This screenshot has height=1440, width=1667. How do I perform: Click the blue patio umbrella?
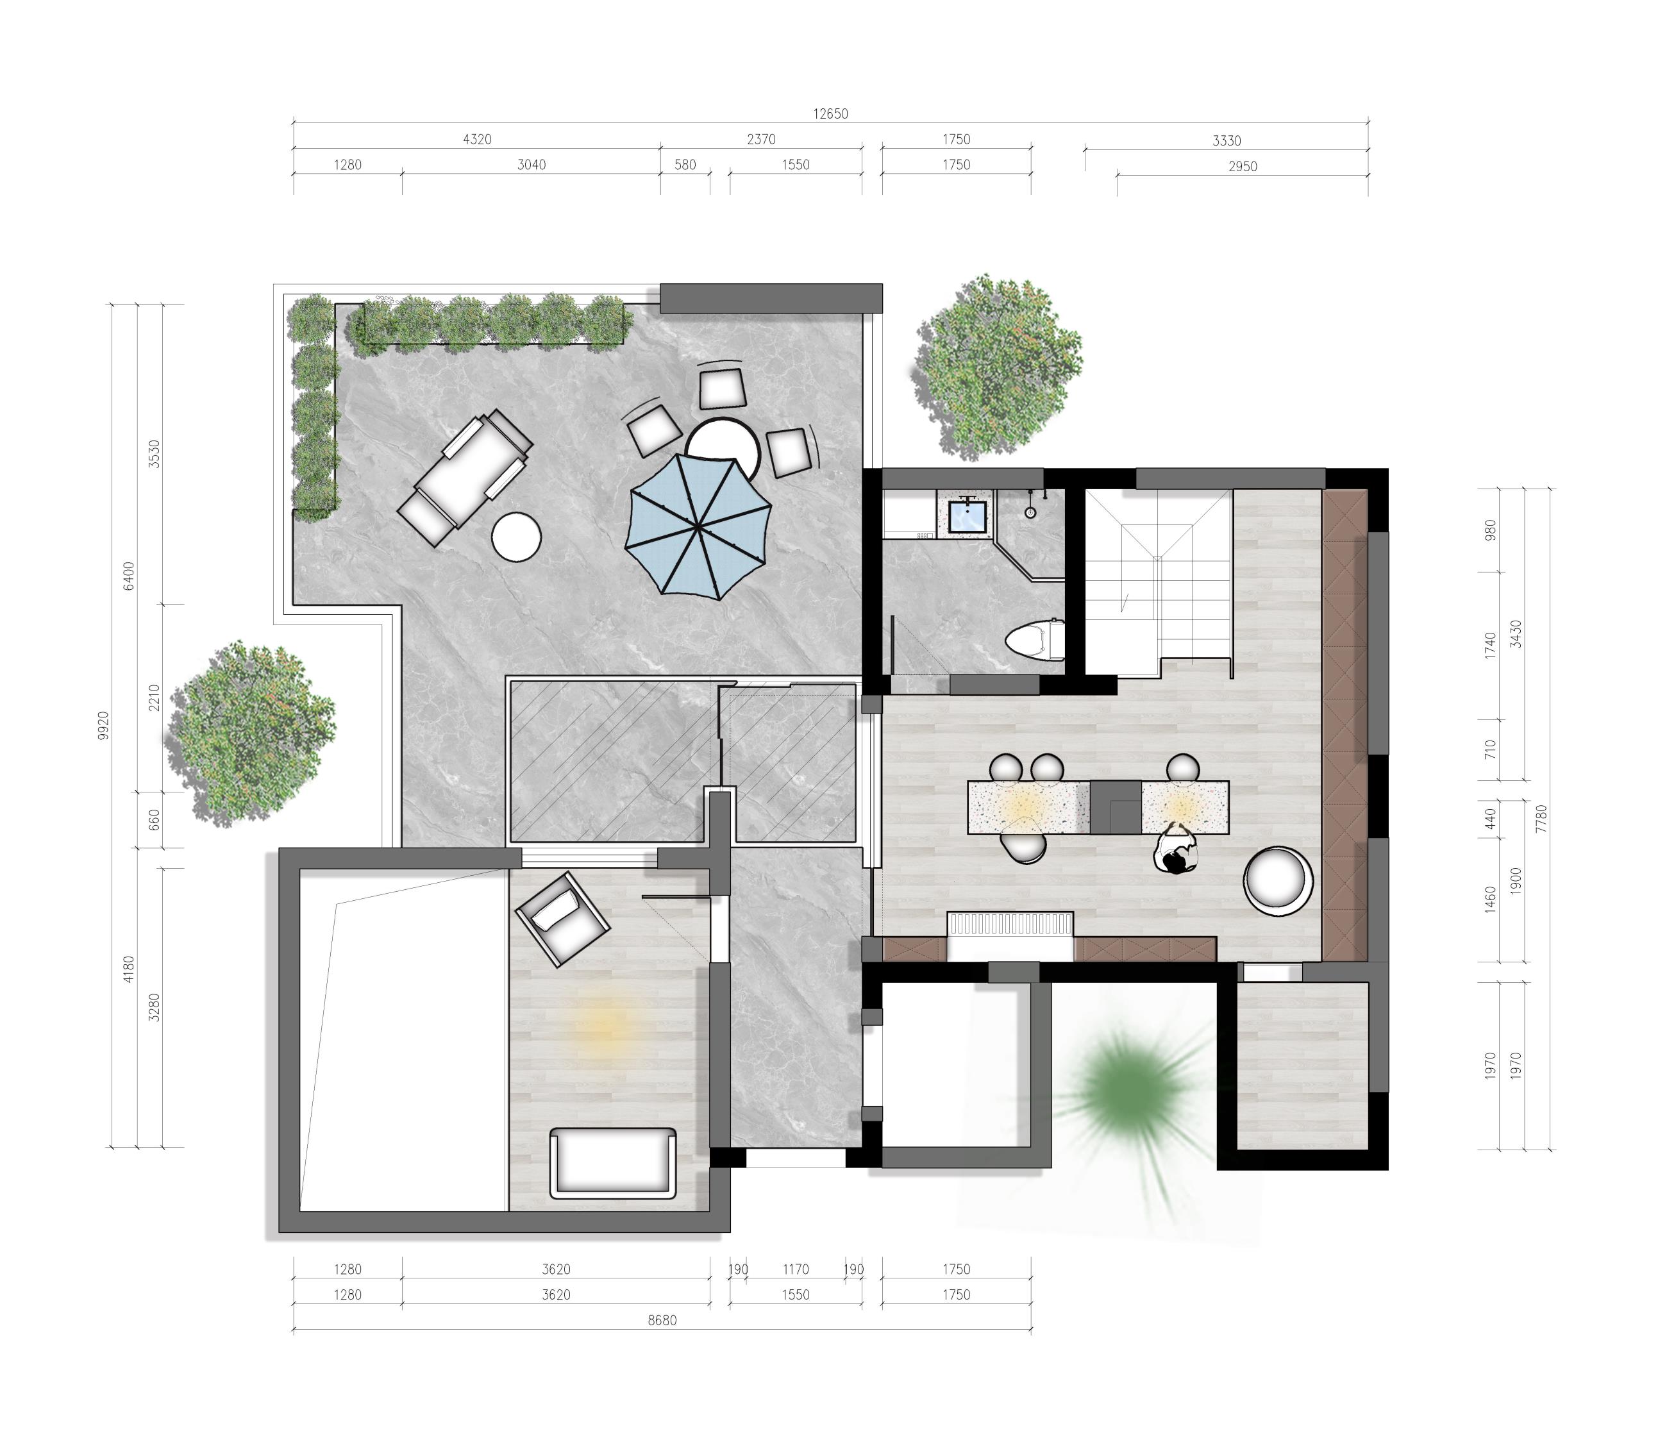pyautogui.click(x=698, y=526)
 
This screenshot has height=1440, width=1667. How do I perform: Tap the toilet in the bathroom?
pyautogui.click(x=1035, y=640)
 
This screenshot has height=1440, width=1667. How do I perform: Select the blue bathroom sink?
pyautogui.click(x=966, y=515)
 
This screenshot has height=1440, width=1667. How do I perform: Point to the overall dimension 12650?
pyautogui.click(x=830, y=114)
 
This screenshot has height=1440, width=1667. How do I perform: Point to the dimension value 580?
pyautogui.click(x=685, y=165)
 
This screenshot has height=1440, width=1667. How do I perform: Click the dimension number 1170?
pyautogui.click(x=796, y=1269)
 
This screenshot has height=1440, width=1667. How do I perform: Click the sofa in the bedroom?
pyautogui.click(x=613, y=1162)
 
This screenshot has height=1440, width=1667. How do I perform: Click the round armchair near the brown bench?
pyautogui.click(x=1278, y=882)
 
